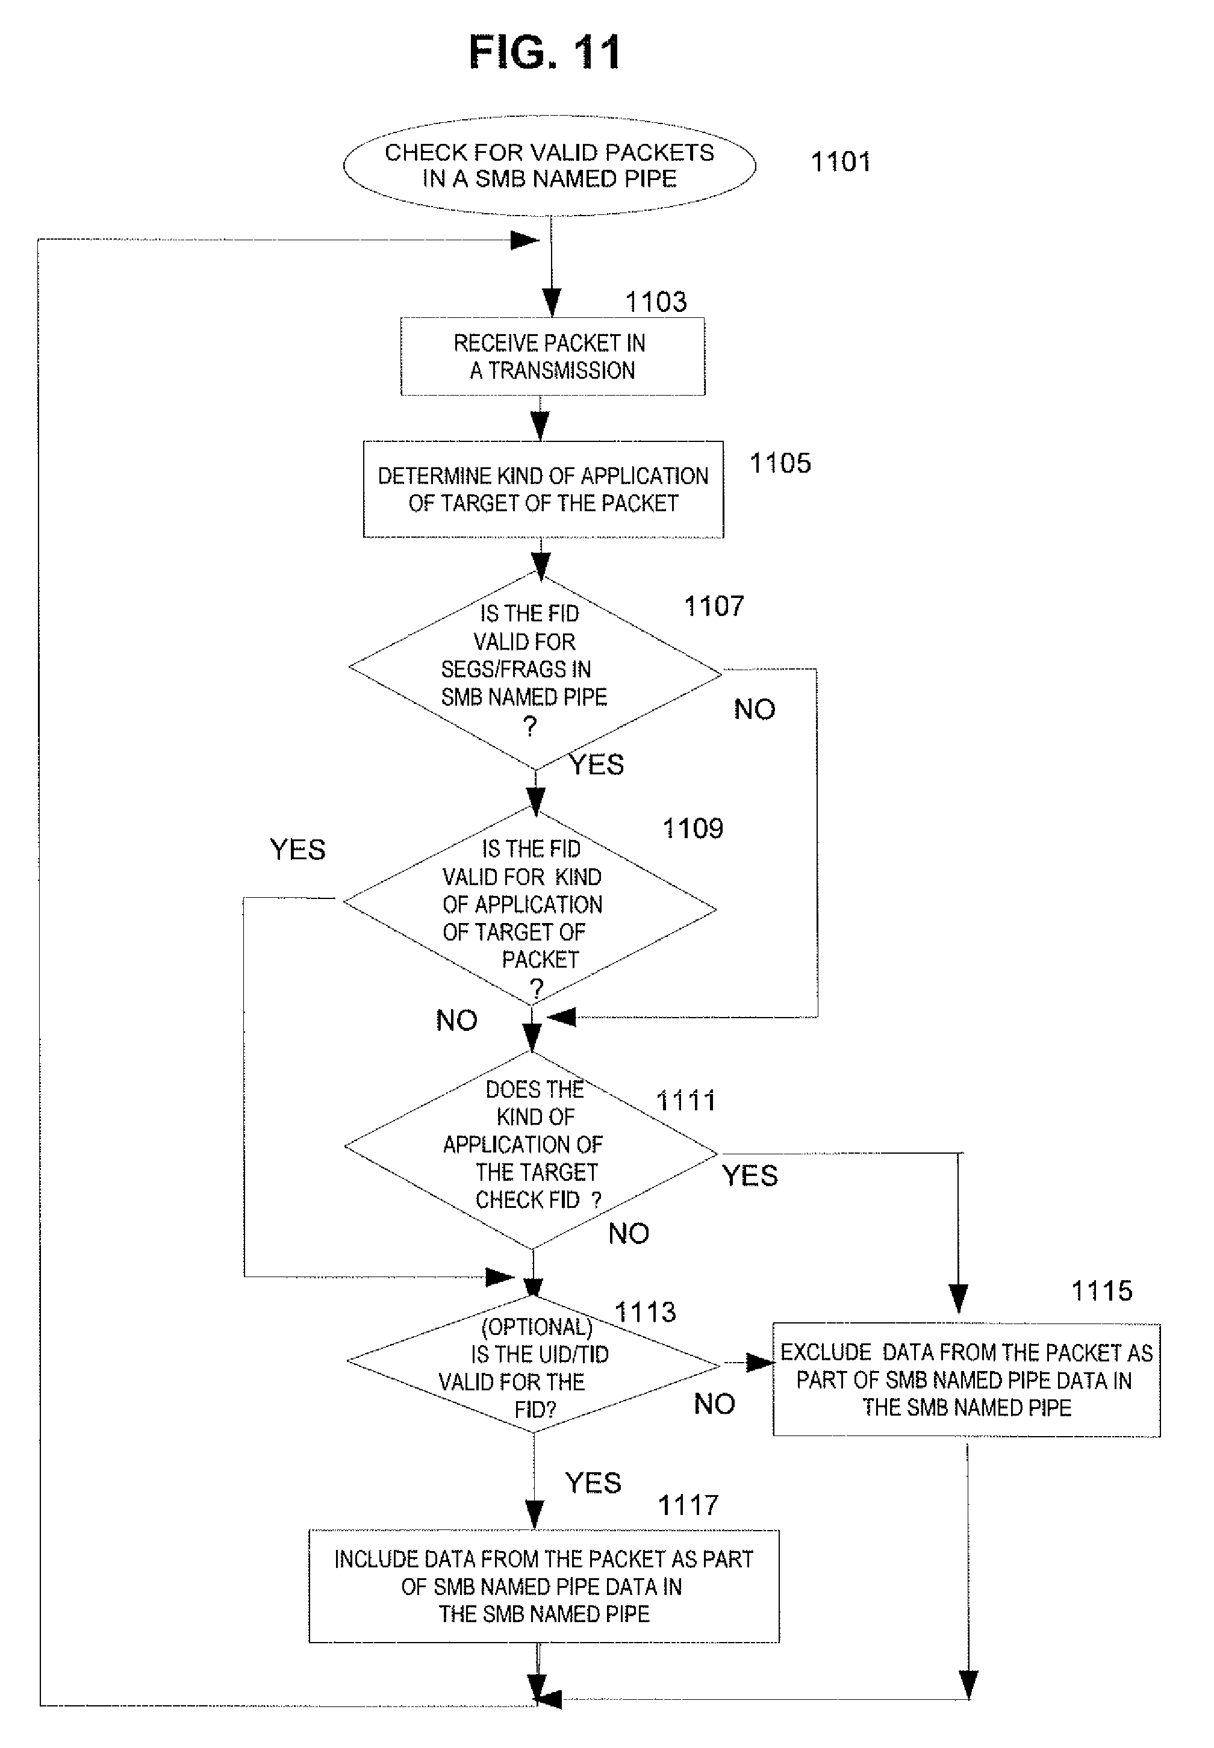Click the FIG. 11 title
(544, 52)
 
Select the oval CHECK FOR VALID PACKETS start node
(549, 166)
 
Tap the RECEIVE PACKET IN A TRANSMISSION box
(553, 356)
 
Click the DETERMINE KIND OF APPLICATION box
(543, 489)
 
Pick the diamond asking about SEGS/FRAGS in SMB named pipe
(535, 671)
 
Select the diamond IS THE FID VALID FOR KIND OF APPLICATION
(529, 906)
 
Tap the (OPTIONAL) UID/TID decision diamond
(533, 1364)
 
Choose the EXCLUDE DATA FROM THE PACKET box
(967, 1380)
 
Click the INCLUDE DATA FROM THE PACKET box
(544, 1587)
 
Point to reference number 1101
(841, 162)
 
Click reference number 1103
(656, 302)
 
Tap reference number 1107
(714, 606)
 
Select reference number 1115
(1102, 1291)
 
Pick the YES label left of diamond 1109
(297, 849)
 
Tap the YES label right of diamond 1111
(750, 1175)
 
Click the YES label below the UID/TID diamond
(593, 1482)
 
